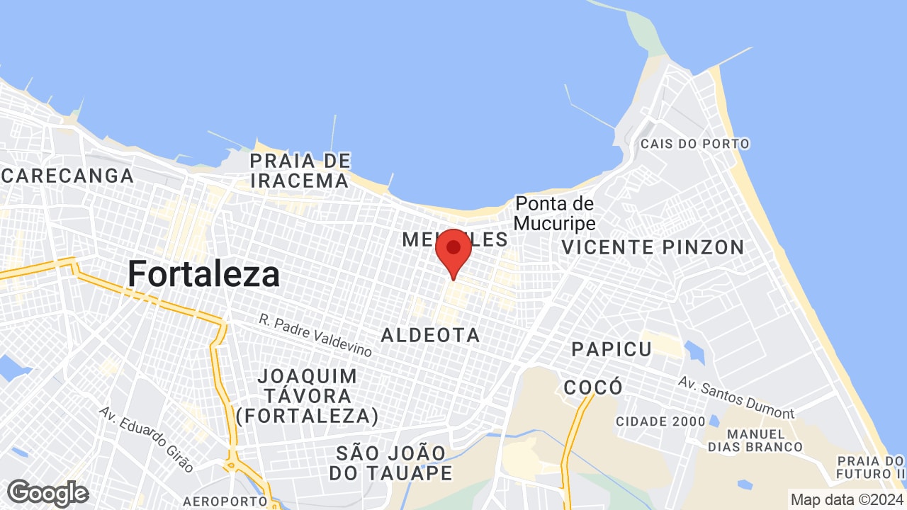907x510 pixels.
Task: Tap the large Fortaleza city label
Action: (203, 273)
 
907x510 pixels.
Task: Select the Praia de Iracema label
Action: (300, 171)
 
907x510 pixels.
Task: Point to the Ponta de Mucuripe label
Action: (554, 213)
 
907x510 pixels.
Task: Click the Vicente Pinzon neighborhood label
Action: (653, 247)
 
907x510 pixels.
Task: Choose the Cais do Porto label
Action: (694, 144)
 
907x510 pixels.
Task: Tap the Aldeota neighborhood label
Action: (430, 335)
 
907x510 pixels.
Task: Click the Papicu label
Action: (612, 349)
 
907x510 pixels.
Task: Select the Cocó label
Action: (593, 387)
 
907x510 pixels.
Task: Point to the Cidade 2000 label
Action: (660, 421)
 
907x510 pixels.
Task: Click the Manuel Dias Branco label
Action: (755, 440)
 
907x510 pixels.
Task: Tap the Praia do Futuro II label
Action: (871, 466)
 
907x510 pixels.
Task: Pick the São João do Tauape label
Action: (391, 463)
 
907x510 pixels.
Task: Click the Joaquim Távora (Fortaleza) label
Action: (307, 395)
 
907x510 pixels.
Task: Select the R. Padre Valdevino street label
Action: (315, 335)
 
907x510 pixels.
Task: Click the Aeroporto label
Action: (225, 501)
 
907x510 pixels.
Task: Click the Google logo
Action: (47, 493)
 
